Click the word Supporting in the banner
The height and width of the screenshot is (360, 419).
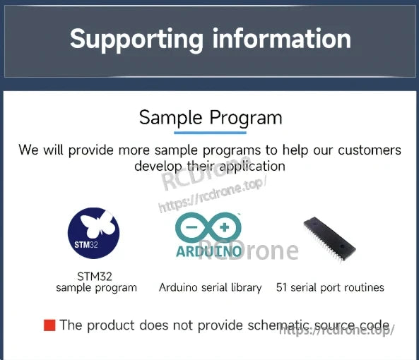click(136, 40)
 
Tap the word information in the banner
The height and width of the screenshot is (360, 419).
click(282, 38)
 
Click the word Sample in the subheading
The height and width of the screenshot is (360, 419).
click(170, 118)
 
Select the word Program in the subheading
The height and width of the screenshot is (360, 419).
click(246, 118)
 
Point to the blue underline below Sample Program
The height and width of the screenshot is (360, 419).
click(210, 133)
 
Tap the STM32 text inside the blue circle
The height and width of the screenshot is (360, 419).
click(85, 245)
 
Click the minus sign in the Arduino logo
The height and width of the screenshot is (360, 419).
click(191, 227)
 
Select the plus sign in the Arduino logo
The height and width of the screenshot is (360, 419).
click(225, 227)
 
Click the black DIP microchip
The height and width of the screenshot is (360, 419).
click(329, 239)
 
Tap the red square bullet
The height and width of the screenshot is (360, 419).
click(49, 325)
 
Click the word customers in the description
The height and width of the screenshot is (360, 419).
click(370, 150)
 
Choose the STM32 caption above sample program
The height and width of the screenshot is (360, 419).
click(95, 277)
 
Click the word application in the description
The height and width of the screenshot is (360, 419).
click(252, 167)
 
